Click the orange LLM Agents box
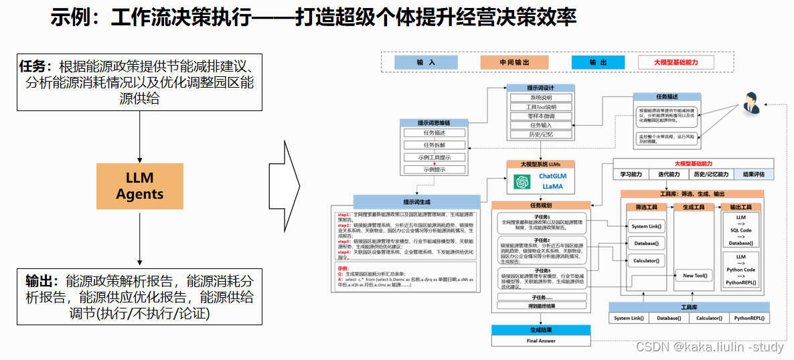point(140,185)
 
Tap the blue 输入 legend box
point(426,62)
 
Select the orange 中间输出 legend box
point(513,62)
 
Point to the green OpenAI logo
point(522,181)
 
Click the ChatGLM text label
point(553,176)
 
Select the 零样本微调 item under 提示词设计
point(541,116)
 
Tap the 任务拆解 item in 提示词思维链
point(434,145)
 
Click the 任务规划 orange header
point(541,205)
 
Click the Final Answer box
point(541,341)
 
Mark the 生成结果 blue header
point(541,330)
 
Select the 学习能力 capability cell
point(631,175)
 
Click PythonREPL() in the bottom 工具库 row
point(749,318)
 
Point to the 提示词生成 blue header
point(417,201)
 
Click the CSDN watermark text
point(709,347)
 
